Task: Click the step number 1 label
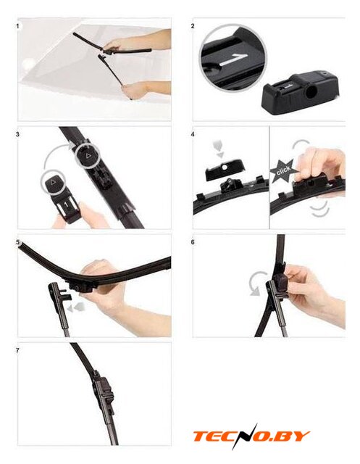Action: click(17, 26)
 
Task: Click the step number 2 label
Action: click(193, 26)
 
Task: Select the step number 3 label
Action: click(17, 134)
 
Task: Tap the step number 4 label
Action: click(193, 134)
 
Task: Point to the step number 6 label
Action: click(193, 242)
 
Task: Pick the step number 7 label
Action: click(17, 350)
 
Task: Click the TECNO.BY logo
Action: click(251, 436)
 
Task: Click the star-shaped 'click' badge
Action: click(282, 172)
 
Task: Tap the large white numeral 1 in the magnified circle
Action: click(233, 59)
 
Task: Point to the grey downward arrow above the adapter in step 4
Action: click(219, 149)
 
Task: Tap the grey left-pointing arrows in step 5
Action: click(75, 307)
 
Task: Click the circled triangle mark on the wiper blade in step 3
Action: click(87, 156)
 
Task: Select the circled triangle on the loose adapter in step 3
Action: click(54, 183)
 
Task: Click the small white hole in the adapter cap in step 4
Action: click(225, 167)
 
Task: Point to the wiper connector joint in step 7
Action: click(104, 392)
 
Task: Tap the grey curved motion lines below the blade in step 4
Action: click(320, 209)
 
